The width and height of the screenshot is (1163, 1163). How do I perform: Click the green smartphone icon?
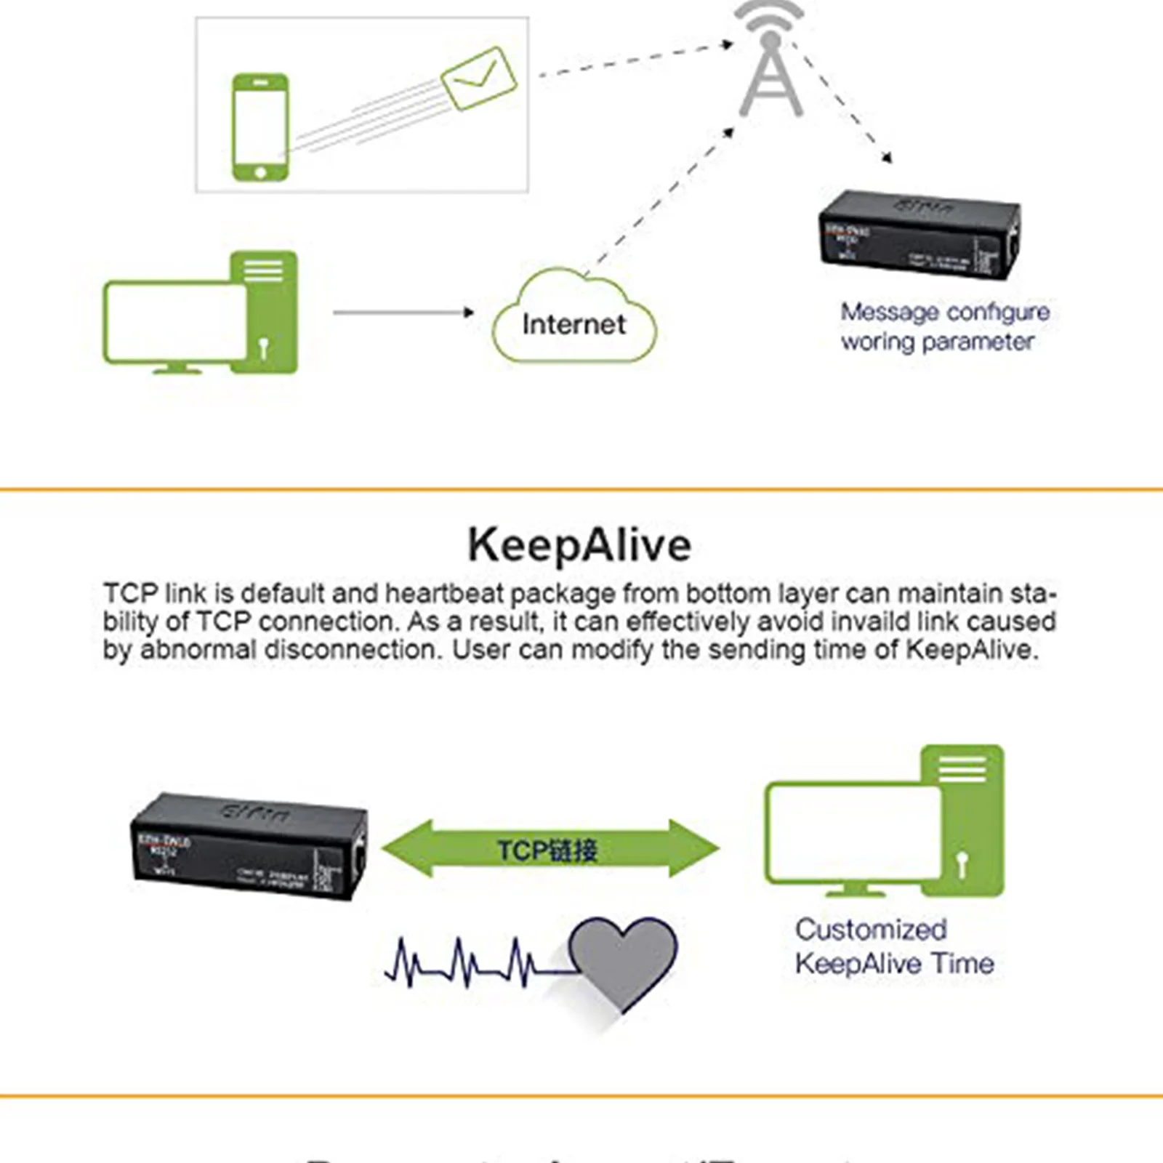(x=260, y=127)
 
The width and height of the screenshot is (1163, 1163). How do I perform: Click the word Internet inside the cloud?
(x=574, y=324)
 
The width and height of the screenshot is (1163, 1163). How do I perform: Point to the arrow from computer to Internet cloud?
(x=403, y=313)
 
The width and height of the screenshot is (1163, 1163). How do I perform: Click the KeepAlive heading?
(x=579, y=545)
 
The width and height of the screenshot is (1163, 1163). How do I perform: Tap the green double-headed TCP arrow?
(x=550, y=849)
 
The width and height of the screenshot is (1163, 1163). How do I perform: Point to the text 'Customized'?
(x=871, y=930)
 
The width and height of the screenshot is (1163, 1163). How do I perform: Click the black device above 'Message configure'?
(x=919, y=235)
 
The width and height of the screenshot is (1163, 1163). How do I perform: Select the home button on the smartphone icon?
(x=260, y=172)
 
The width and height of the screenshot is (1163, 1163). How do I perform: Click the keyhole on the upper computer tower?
(x=263, y=347)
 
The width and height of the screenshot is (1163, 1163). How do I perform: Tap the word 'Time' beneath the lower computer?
(x=962, y=964)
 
